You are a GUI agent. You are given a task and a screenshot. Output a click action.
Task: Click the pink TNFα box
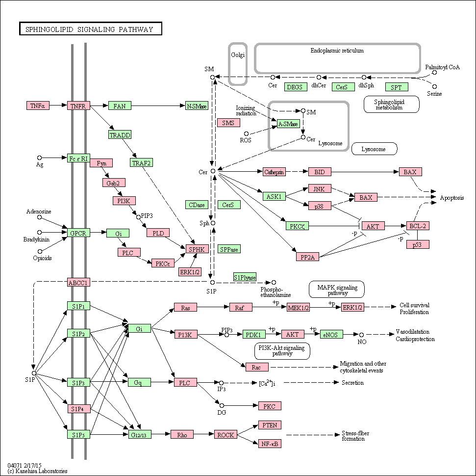[x=38, y=106]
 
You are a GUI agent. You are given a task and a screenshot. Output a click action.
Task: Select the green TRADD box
[x=120, y=134]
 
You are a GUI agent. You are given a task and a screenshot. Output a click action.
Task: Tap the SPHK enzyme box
[x=197, y=249]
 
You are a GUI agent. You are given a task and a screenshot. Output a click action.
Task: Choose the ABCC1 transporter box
[x=78, y=282]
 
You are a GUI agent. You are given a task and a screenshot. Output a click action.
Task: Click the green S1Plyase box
[x=245, y=277]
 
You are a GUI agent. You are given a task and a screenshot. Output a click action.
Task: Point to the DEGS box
[x=295, y=87]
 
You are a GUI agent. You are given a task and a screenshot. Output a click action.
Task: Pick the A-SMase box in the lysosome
[x=288, y=123]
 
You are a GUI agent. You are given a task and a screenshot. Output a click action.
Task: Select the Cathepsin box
[x=274, y=172]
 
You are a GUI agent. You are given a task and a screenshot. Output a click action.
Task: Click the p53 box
[x=418, y=244]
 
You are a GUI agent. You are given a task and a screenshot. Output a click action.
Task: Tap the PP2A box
[x=307, y=257]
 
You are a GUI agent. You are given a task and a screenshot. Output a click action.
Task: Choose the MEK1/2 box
[x=299, y=307]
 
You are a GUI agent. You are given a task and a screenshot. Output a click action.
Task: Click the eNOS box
[x=331, y=334]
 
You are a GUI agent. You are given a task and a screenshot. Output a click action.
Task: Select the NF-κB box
[x=270, y=444]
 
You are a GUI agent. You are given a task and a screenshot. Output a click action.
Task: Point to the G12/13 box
[x=140, y=435]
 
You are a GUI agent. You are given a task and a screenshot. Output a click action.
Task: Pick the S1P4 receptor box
[x=78, y=409]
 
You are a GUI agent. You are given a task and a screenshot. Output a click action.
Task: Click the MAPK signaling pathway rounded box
[x=337, y=290]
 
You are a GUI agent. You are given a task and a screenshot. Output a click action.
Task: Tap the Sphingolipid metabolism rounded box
[x=392, y=104]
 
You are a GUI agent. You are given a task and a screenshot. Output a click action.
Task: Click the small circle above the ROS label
[x=247, y=134]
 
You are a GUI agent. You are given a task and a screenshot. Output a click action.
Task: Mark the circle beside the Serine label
[x=435, y=87]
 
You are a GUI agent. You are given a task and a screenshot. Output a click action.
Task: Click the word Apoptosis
[x=452, y=198]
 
